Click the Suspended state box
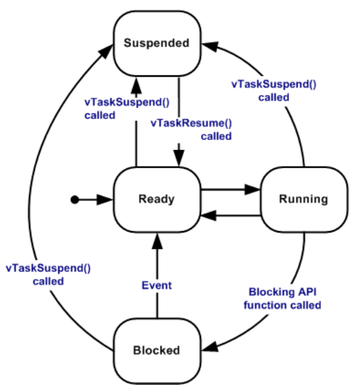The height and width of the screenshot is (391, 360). pyautogui.click(x=157, y=43)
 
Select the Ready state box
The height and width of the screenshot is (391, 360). pyautogui.click(x=157, y=200)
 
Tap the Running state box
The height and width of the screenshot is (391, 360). pyautogui.click(x=305, y=200)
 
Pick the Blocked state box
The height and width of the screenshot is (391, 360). pyautogui.click(x=157, y=351)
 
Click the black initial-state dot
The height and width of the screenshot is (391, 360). pyautogui.click(x=75, y=200)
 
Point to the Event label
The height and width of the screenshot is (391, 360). pyautogui.click(x=157, y=286)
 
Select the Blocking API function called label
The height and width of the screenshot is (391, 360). pyautogui.click(x=283, y=299)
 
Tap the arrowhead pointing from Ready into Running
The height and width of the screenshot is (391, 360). pyautogui.click(x=253, y=189)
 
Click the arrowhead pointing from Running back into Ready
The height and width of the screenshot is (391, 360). pyautogui.click(x=209, y=215)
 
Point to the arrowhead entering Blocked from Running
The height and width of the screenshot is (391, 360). pyautogui.click(x=209, y=347)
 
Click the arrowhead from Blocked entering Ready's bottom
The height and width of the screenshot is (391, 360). pyautogui.click(x=157, y=241)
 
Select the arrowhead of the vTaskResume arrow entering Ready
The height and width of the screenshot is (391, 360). pyautogui.click(x=179, y=159)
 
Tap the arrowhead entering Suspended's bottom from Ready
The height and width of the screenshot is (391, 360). pyautogui.click(x=136, y=85)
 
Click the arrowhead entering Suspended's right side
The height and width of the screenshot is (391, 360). pyautogui.click(x=210, y=46)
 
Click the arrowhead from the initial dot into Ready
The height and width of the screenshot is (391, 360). pyautogui.click(x=105, y=200)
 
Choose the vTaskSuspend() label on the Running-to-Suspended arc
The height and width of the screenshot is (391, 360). pyautogui.click(x=274, y=91)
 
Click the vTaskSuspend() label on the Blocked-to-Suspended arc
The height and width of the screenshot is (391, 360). pyautogui.click(x=48, y=275)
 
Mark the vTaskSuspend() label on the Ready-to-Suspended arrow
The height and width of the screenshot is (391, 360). pyautogui.click(x=127, y=109)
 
